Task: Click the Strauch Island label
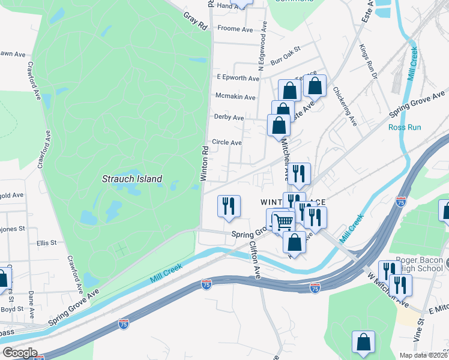coord(132,179)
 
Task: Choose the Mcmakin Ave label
coord(235,97)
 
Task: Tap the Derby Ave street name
coord(229,118)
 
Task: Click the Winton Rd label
coord(204,163)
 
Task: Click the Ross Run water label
coord(405,127)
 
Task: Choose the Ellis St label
coord(46,243)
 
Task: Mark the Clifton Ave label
coord(255,260)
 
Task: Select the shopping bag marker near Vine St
coord(363,342)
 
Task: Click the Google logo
coord(19,353)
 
